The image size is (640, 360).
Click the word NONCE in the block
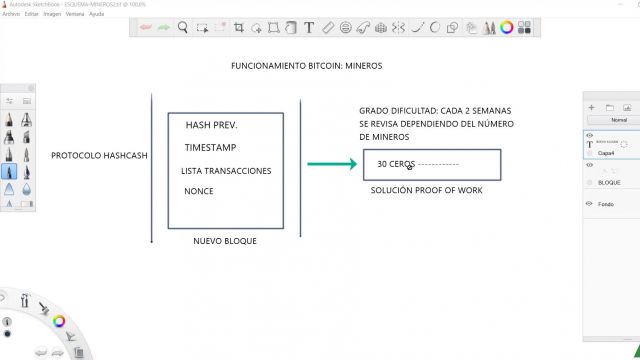pyautogui.click(x=199, y=191)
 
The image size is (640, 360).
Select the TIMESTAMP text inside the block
pyautogui.click(x=210, y=148)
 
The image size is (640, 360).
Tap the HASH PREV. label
pyautogui.click(x=211, y=126)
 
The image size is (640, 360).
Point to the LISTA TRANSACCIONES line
pyautogui.click(x=226, y=171)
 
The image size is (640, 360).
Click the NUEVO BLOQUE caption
pyautogui.click(x=225, y=241)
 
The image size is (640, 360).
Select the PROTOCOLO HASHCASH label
pyautogui.click(x=98, y=156)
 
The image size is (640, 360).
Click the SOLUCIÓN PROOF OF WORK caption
pyautogui.click(x=426, y=190)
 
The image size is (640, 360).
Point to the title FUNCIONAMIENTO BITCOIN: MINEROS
pyautogui.click(x=306, y=66)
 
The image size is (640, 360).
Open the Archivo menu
pyautogui.click(x=11, y=15)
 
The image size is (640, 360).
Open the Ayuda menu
pyautogui.click(x=96, y=15)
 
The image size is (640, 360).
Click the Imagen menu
pyautogui.click(x=52, y=15)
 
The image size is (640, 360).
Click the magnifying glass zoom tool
pyautogui.click(x=184, y=28)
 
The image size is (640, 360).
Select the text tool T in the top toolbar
pyautogui.click(x=309, y=28)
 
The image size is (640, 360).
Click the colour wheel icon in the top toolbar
pyautogui.click(x=507, y=28)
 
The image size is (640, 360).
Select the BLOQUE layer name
pyautogui.click(x=609, y=183)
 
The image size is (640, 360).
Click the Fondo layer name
pyautogui.click(x=606, y=203)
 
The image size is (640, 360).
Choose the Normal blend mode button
pyautogui.click(x=617, y=119)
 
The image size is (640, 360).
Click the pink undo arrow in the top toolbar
pyautogui.click(x=146, y=28)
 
